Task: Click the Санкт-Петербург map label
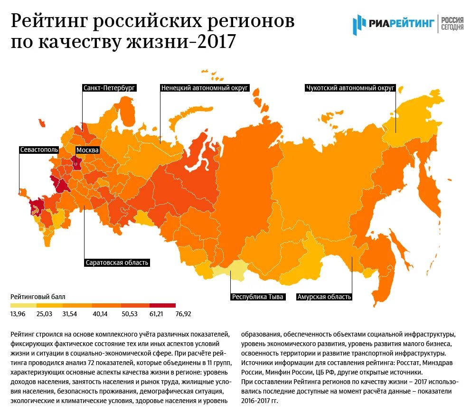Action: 109,88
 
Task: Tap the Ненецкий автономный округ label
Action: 204,88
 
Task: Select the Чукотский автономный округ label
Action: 350,88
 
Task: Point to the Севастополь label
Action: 39,150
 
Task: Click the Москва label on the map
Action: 87,150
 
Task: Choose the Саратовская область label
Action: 117,262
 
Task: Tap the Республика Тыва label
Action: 257,297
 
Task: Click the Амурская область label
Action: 324,297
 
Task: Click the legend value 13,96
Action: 18,314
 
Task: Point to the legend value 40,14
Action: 101,314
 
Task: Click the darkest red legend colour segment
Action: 162,305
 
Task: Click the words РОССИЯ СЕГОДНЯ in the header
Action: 452,22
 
